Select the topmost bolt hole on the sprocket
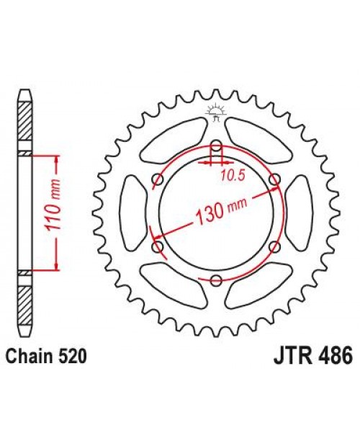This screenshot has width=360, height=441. pyautogui.click(x=216, y=147)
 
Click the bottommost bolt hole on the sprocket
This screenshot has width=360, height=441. pyautogui.click(x=216, y=279)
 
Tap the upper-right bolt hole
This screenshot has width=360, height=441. pyautogui.click(x=274, y=179)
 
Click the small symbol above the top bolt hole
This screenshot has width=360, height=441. pyautogui.click(x=215, y=110)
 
